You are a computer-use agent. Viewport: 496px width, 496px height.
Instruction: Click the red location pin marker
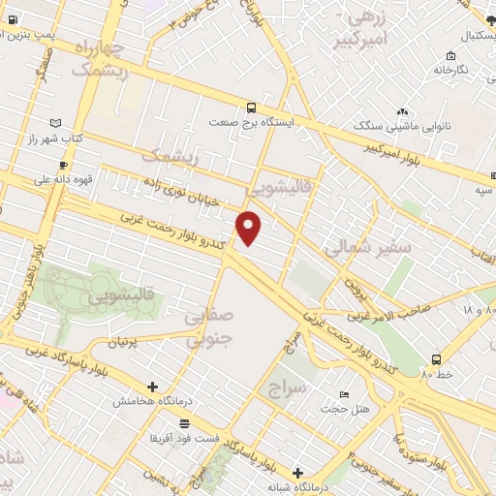click(249, 228)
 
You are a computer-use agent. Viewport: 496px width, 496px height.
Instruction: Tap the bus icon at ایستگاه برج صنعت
click(252, 108)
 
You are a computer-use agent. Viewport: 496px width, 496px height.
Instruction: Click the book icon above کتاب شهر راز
click(54, 123)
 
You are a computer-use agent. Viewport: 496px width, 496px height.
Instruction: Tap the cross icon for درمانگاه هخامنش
click(152, 387)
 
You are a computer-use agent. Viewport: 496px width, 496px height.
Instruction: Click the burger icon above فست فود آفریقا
click(185, 423)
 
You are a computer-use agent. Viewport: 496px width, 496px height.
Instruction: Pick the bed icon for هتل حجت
click(345, 395)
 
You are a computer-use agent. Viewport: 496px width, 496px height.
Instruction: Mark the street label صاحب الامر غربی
click(397, 312)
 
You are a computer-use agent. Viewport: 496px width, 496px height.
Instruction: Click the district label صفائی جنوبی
click(209, 327)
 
